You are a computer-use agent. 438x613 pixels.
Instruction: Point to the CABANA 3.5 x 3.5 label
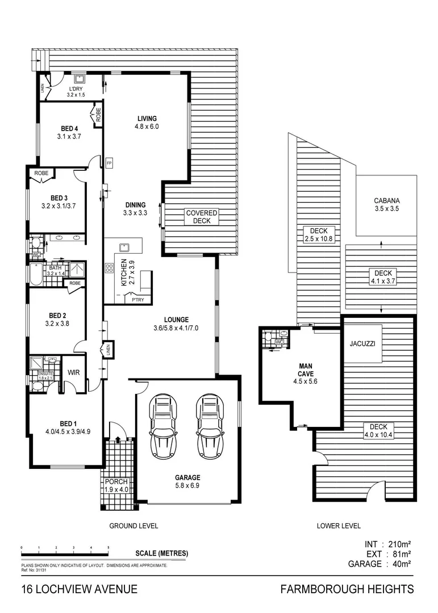387,205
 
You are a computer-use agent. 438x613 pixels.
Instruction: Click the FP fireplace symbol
109,163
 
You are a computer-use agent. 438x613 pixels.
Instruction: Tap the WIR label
74,373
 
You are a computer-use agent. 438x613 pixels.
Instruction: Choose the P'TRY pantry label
137,300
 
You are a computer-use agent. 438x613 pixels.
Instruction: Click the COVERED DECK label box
202,217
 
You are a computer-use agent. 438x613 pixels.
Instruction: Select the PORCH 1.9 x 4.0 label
116,485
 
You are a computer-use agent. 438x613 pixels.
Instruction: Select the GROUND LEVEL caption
134,526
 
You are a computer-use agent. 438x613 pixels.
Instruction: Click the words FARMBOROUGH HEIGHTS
347,590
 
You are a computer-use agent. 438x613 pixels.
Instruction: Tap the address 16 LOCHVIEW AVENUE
79,590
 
